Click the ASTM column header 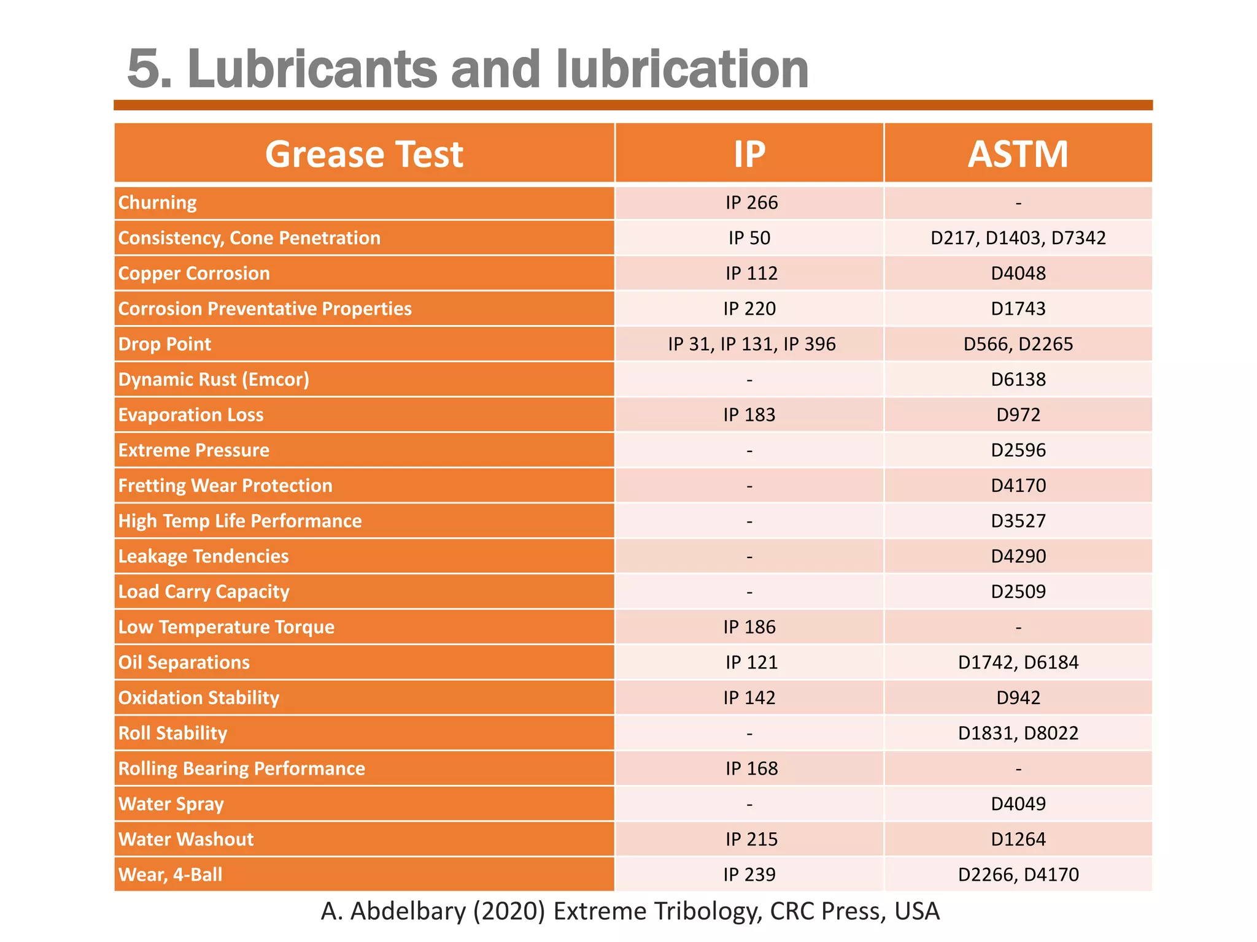tap(1018, 153)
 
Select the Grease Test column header tap(364, 153)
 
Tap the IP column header tap(749, 153)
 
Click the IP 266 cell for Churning tap(751, 202)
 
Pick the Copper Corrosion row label tap(194, 274)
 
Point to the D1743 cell tap(1018, 308)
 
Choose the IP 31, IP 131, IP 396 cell tap(751, 344)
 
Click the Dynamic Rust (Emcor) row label tap(214, 380)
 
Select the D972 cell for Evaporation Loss tap(1018, 415)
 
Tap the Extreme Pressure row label tap(194, 450)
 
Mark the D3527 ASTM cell tap(1018, 521)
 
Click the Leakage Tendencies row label tap(203, 556)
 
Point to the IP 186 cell tap(749, 627)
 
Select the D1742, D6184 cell tap(1018, 662)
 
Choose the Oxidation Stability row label tap(199, 698)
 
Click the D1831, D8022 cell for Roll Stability tap(1018, 733)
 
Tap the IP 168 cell tap(751, 768)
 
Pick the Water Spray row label tap(171, 804)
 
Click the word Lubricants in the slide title tap(312, 69)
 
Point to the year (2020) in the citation tap(509, 911)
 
